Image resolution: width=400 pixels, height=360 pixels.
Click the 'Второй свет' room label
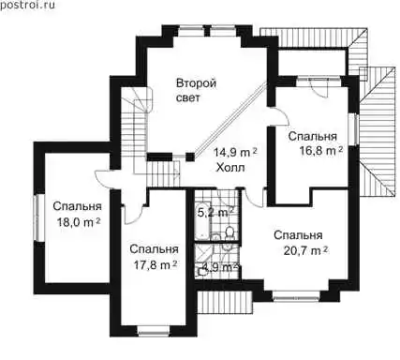[x=196, y=91]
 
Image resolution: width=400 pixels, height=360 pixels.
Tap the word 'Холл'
[x=230, y=168]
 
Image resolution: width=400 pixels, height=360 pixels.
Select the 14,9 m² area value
[x=235, y=153]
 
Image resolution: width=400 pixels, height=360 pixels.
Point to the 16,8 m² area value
[x=321, y=151]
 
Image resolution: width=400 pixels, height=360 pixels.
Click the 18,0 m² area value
[x=78, y=222]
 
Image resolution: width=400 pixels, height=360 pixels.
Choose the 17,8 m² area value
[x=156, y=265]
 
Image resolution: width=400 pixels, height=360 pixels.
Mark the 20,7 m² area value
[x=306, y=250]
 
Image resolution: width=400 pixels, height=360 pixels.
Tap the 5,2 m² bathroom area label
[x=216, y=213]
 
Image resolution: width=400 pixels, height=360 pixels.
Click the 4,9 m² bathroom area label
[x=220, y=267]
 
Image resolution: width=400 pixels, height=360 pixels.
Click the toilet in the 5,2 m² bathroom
[x=230, y=232]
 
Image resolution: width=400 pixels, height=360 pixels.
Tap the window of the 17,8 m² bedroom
[x=154, y=331]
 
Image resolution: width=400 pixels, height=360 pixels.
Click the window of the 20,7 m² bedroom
[x=296, y=296]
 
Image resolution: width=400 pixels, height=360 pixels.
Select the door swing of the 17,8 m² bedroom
[x=134, y=214]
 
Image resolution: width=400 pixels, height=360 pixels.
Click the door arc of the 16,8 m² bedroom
[x=280, y=117]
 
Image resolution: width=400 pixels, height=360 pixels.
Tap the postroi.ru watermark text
[x=27, y=5]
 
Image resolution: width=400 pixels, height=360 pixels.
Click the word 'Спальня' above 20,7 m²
[x=298, y=235]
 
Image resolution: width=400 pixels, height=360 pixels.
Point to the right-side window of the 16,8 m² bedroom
[x=354, y=129]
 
